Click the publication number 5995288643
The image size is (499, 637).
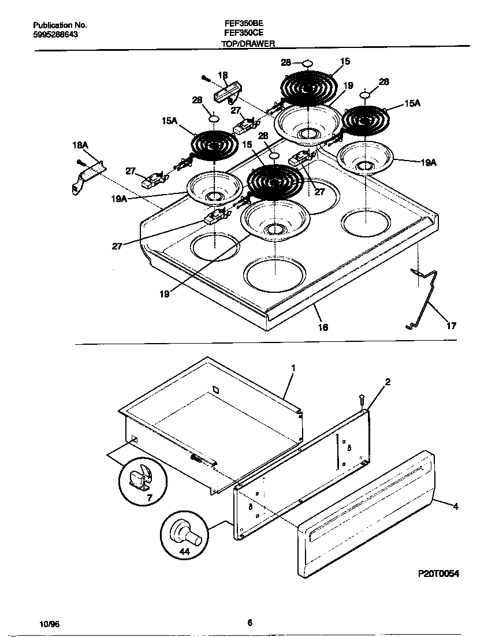coord(55,35)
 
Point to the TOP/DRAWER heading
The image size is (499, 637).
coord(248,43)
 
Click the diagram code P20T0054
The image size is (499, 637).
coord(438,573)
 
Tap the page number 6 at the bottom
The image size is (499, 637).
coord(249,623)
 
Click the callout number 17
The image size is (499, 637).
coord(451,326)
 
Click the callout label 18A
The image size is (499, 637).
coord(80,147)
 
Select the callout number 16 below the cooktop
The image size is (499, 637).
coord(323,327)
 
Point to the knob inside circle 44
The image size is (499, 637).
coord(185,531)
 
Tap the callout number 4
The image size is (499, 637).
coord(456,507)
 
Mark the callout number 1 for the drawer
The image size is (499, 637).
coord(293,367)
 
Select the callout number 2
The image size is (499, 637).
coord(388,382)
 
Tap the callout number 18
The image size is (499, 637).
coord(223,75)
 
